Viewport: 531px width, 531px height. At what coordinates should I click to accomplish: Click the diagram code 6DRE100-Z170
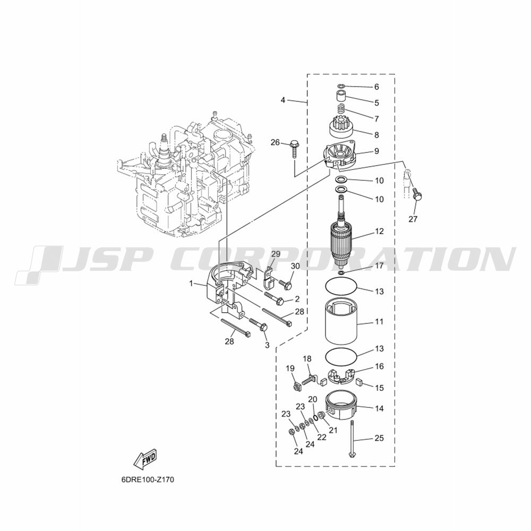coord(147,479)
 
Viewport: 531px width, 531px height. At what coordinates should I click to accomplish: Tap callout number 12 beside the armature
coord(379,232)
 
